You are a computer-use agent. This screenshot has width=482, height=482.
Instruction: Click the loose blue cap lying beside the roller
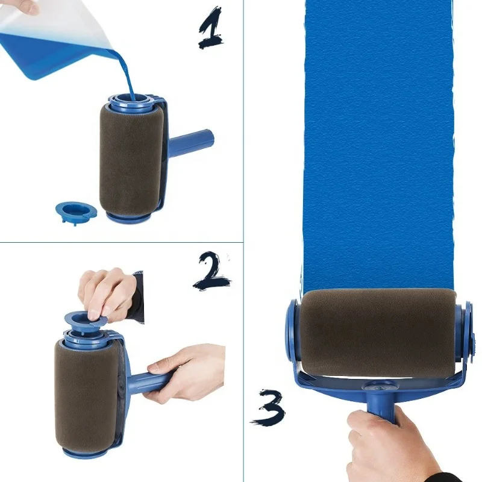[x=75, y=211]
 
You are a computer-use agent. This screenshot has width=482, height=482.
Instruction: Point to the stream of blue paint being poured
[x=124, y=72]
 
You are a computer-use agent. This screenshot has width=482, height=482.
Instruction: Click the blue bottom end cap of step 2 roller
[x=84, y=452]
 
